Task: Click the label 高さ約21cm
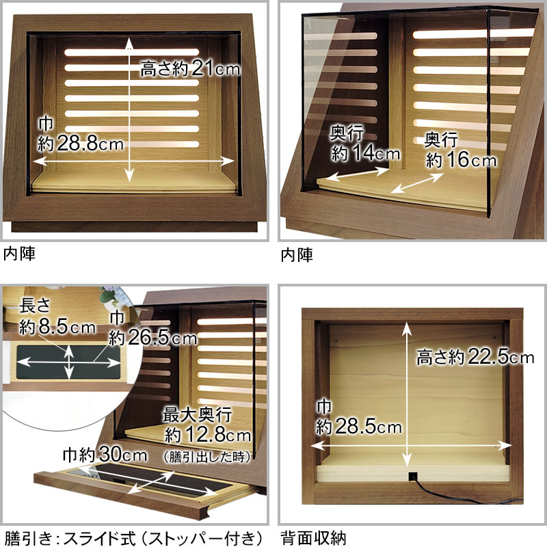190,69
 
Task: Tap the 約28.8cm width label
81,135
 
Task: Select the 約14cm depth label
365,144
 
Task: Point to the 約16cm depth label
460,150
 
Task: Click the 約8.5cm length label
57,317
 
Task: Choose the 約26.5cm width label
152,329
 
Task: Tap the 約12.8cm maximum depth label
207,425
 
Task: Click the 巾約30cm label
105,455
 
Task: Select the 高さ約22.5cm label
475,357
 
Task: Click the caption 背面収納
313,537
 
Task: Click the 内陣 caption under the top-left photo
20,254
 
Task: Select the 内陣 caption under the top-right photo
297,255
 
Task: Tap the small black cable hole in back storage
413,476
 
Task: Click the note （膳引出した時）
206,457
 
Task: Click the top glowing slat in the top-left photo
132,53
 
